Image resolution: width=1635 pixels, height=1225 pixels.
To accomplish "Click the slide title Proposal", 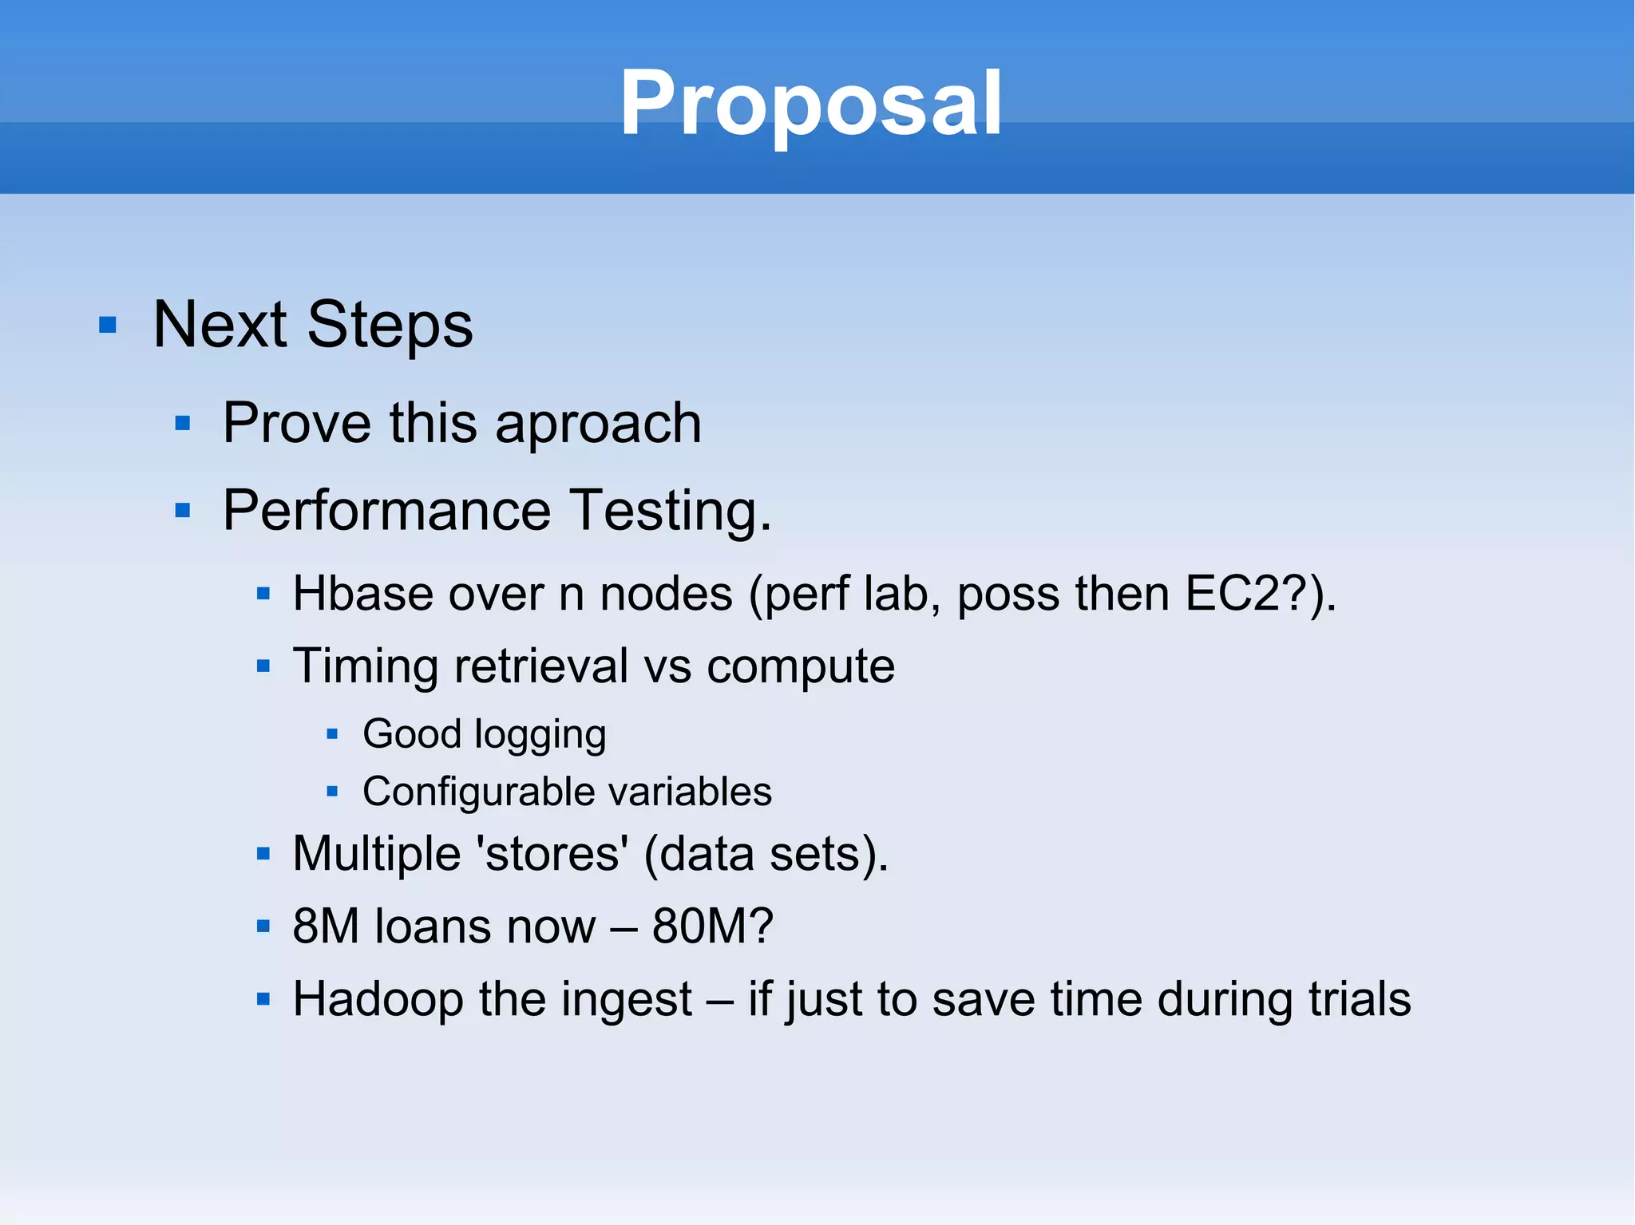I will (x=810, y=104).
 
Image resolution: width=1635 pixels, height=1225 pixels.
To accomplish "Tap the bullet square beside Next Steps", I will (x=108, y=326).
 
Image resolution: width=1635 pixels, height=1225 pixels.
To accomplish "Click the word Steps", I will (x=390, y=326).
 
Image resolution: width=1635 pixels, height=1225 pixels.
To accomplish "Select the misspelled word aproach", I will (x=598, y=424).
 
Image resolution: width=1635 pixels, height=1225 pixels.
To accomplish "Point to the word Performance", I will (x=386, y=511).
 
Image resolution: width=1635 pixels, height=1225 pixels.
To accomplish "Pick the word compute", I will (x=800, y=666).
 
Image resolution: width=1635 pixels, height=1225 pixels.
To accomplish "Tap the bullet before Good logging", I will (x=333, y=734).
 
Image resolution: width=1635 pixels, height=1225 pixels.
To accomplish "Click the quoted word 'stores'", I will (x=552, y=854).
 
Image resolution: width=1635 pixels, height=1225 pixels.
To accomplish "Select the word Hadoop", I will (x=378, y=999).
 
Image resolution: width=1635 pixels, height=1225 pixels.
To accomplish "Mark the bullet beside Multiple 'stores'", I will (x=263, y=855).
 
